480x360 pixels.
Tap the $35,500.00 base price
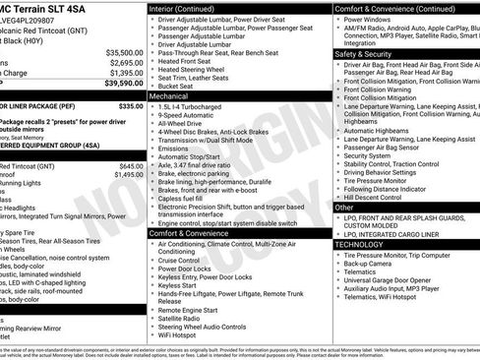124,52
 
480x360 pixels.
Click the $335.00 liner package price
131,105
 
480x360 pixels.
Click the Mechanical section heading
168,97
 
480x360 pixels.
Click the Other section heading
343,208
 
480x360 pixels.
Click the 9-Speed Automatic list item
187,115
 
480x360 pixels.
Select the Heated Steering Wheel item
195,69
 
